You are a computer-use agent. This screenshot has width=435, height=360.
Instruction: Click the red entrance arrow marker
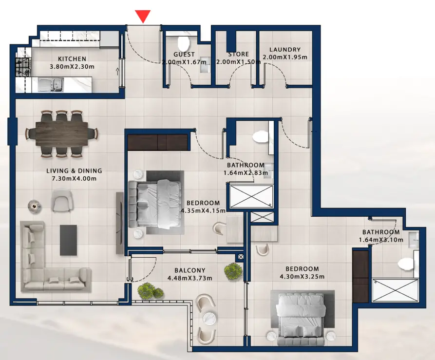[142, 16]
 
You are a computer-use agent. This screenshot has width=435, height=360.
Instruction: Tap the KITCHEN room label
[72, 58]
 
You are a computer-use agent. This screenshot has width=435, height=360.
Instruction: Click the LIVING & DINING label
[74, 171]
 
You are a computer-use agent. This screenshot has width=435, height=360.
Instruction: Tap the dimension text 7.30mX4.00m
[74, 179]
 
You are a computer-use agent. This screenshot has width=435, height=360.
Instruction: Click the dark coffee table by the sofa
[68, 240]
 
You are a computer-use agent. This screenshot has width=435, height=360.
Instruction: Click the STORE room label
[238, 54]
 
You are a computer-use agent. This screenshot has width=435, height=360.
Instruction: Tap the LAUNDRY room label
[284, 50]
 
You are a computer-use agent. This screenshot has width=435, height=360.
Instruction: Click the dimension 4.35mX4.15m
[203, 211]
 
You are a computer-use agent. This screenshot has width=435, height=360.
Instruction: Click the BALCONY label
[190, 270]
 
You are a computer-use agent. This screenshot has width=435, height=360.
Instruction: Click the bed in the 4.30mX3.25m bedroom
[302, 314]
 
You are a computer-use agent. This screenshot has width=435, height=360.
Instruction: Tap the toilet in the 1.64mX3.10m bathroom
[406, 264]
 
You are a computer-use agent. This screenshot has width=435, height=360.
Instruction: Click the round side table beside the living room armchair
[33, 206]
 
